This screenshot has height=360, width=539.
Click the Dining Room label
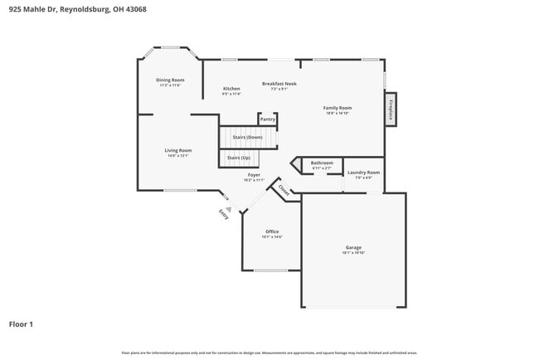[x=170, y=80]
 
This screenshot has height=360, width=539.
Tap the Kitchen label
[x=231, y=89]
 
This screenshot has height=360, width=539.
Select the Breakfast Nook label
[x=279, y=84]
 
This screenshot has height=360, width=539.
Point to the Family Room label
[x=337, y=108]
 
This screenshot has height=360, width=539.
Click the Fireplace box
[x=390, y=109]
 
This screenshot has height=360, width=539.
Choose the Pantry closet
[x=268, y=119]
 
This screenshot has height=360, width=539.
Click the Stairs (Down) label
[x=247, y=137]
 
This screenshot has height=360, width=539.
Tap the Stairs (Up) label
[x=239, y=158]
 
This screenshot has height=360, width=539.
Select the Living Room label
[x=179, y=151]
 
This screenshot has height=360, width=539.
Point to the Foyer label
[x=254, y=175]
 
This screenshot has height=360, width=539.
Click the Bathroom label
[x=322, y=163]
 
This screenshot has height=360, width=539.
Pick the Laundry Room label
[x=363, y=173]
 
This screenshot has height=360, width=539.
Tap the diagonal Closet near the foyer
[x=284, y=191]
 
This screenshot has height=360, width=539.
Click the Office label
[x=272, y=231]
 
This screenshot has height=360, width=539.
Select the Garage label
[x=353, y=247]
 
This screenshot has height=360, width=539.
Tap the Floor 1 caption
[x=21, y=324]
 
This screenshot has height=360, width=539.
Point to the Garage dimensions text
[x=353, y=253]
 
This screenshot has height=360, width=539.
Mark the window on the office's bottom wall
[x=270, y=270]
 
